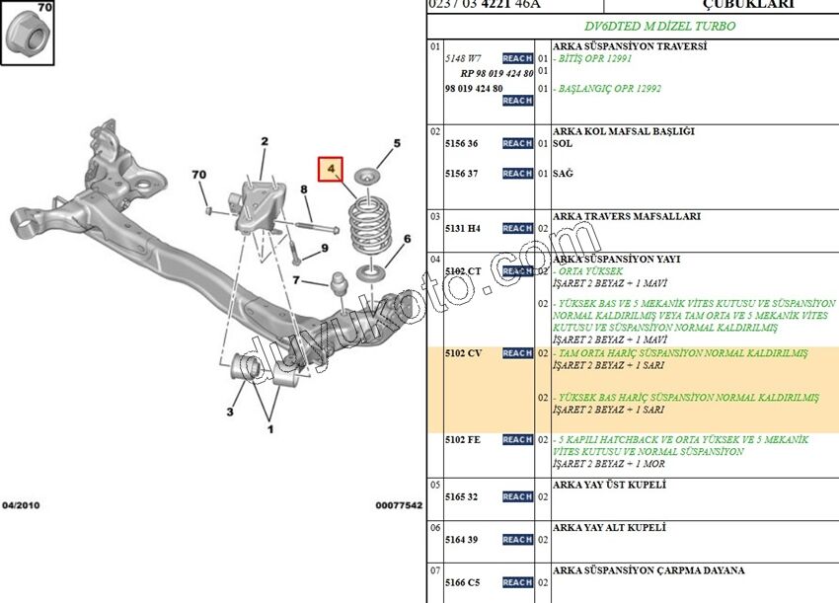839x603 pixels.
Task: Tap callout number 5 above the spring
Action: [x=397, y=144]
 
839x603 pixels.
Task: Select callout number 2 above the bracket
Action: [x=265, y=142]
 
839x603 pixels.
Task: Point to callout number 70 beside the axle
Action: [x=199, y=176]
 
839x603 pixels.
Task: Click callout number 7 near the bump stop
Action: [x=294, y=281]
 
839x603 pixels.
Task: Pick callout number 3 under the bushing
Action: [x=230, y=412]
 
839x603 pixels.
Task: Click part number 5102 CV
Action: [x=463, y=353]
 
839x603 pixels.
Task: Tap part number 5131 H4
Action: [x=462, y=229]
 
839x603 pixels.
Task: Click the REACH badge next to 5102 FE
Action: [x=516, y=440]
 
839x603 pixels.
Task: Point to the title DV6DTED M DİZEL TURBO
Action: [x=632, y=26]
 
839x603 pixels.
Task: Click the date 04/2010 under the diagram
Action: [x=20, y=505]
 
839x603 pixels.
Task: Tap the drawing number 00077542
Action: [x=398, y=505]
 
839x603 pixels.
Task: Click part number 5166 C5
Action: [x=462, y=583]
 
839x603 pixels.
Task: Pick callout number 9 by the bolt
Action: [x=325, y=249]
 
